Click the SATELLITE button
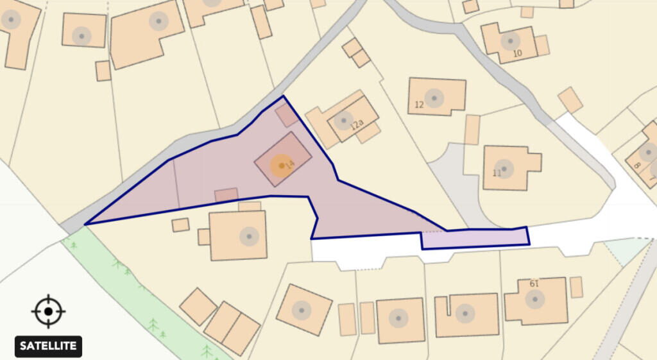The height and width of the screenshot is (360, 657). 48,347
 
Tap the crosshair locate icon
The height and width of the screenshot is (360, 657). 48,312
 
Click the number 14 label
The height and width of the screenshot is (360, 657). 289,165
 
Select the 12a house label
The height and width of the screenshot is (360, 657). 357,124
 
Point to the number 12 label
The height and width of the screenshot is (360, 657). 420,105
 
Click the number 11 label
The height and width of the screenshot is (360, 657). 497,173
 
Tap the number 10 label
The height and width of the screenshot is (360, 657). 517,53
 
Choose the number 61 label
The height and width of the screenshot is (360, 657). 534,284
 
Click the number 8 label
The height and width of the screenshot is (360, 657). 636,165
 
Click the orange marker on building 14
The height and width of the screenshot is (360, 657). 280,166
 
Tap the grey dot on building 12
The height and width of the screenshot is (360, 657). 434,98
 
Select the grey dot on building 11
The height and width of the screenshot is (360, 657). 505,168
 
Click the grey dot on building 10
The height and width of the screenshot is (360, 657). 510,42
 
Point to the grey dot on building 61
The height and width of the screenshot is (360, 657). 534,298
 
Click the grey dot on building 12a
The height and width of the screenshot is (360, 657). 343,120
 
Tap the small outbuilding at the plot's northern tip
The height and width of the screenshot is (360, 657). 287,116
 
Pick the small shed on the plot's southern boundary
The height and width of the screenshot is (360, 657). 226,194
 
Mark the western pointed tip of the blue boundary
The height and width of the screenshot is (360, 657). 86,224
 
